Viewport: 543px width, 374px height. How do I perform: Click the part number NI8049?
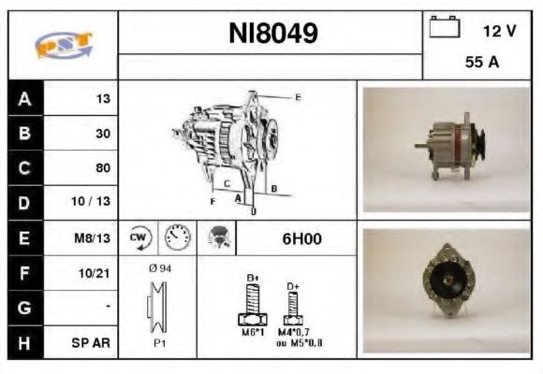[273, 35]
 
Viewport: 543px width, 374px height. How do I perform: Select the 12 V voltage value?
[499, 30]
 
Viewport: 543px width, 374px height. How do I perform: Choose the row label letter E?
[23, 238]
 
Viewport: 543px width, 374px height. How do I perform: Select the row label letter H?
[23, 342]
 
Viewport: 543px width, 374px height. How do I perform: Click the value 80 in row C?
[103, 168]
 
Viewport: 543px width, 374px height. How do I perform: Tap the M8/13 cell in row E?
[95, 238]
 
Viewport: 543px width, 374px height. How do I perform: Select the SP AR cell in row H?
[95, 342]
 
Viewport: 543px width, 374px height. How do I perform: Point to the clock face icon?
[176, 238]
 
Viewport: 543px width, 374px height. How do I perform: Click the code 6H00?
[301, 238]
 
